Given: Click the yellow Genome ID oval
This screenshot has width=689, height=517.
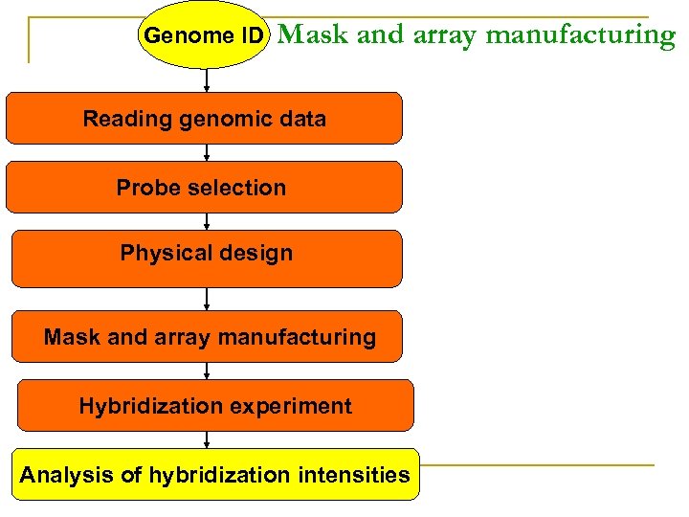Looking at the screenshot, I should (202, 35).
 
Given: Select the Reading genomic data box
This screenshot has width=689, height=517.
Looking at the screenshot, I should (204, 119).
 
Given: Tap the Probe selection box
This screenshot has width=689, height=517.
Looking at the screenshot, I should (204, 187).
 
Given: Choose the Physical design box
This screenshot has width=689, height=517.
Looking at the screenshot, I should (206, 257).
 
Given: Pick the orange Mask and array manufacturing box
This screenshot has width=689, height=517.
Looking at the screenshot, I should (210, 336).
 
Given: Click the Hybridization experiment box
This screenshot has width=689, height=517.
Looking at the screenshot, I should (215, 406).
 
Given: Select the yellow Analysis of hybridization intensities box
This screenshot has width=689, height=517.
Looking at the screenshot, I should (215, 474).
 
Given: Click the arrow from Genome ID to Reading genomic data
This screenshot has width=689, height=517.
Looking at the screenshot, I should (207, 80).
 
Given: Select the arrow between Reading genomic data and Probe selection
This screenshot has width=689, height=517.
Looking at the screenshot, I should (207, 152).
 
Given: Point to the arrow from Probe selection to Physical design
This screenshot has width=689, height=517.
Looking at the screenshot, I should (207, 221).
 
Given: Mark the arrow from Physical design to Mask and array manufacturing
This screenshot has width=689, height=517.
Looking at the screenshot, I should (207, 299).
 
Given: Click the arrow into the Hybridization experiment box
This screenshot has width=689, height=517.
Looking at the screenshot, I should (207, 371).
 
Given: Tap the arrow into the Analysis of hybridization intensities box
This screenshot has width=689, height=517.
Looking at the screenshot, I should (207, 439).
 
